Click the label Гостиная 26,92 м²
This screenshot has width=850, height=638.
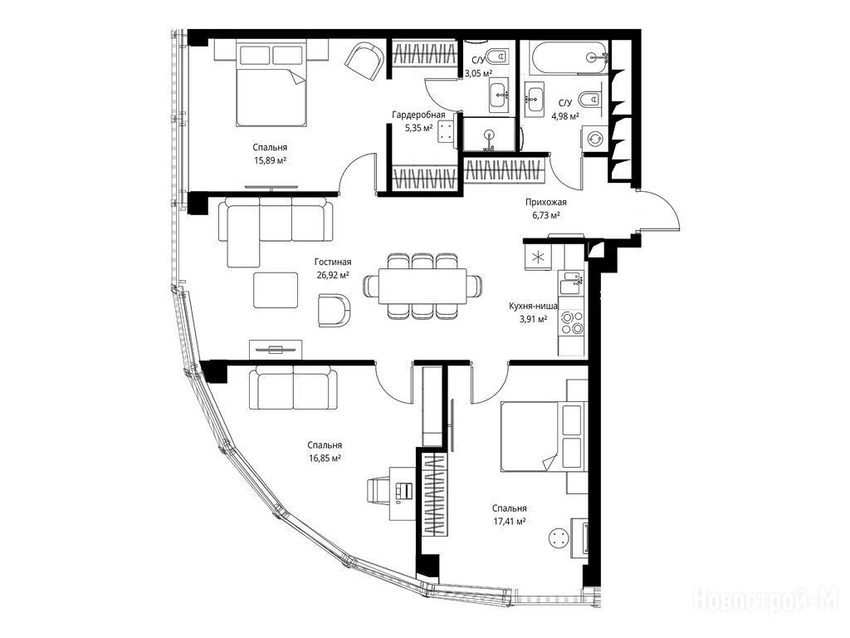point(333,268)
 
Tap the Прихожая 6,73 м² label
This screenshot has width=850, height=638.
point(545,209)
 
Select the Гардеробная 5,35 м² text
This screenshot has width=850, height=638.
point(418,121)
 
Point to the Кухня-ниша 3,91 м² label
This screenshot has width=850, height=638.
point(533,312)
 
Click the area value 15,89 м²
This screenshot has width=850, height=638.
point(270,160)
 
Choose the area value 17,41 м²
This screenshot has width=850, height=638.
point(510,522)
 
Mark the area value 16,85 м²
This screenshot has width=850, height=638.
point(325,459)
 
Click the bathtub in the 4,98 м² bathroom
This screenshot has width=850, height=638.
point(569,57)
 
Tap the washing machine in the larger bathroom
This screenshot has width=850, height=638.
point(594,139)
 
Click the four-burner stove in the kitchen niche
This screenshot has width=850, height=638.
point(572,322)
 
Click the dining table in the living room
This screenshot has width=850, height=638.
point(423,286)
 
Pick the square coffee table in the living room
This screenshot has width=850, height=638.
point(276,290)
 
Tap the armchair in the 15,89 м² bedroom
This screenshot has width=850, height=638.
point(364,61)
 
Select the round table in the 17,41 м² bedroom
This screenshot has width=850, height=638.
point(559,539)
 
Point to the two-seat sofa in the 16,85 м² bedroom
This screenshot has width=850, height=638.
point(293,387)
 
